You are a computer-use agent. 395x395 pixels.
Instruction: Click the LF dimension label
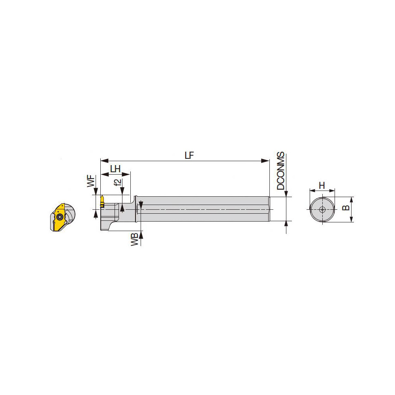190,155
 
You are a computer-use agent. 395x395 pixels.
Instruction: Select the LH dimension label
115,169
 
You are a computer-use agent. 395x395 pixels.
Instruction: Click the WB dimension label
135,240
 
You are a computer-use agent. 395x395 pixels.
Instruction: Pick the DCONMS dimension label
280,171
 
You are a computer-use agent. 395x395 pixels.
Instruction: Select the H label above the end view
322,185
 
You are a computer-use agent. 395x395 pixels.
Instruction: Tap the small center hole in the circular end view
322,210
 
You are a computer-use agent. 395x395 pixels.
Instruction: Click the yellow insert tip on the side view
102,199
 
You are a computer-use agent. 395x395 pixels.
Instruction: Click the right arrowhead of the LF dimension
267,161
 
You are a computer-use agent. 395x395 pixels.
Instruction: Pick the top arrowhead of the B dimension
351,199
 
